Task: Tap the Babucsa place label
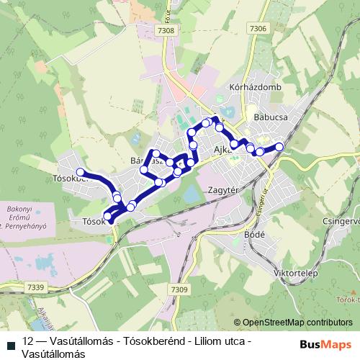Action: (271, 116)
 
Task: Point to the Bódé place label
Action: (256, 235)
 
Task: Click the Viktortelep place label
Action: (296, 274)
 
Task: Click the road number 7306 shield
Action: (258, 28)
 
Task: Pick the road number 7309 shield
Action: (179, 289)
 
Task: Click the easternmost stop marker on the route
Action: (279, 147)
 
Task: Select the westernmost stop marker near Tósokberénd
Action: (81, 172)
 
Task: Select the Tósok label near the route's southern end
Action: (94, 221)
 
